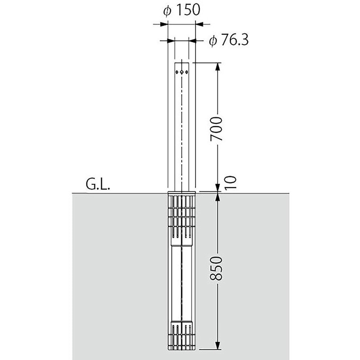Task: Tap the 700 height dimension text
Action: [216, 129]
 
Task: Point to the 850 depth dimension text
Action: [216, 268]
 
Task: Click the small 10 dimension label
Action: [230, 183]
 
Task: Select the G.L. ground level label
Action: [98, 184]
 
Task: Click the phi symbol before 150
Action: [167, 11]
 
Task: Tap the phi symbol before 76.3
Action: [213, 41]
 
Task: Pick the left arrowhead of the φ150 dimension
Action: [164, 24]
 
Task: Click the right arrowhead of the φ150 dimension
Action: [199, 24]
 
